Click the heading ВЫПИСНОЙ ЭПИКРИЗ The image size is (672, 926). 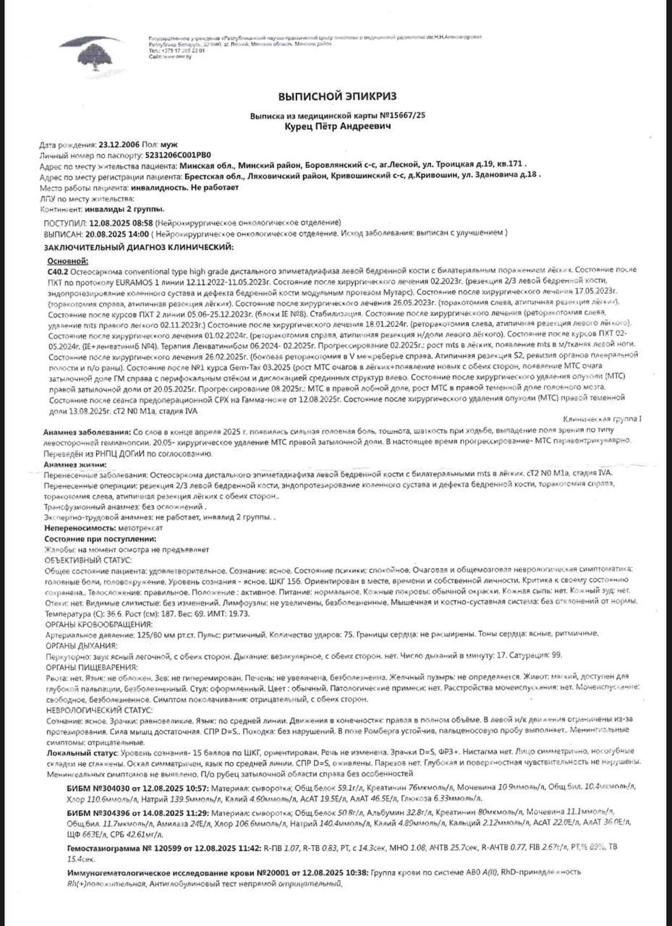coord(337,95)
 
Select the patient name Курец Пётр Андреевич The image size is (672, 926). coord(337,126)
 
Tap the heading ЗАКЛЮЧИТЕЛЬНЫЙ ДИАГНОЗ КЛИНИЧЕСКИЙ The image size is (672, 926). coord(140,247)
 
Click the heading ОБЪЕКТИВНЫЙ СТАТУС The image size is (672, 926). coord(88,559)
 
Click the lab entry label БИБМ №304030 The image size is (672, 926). coord(103,788)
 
